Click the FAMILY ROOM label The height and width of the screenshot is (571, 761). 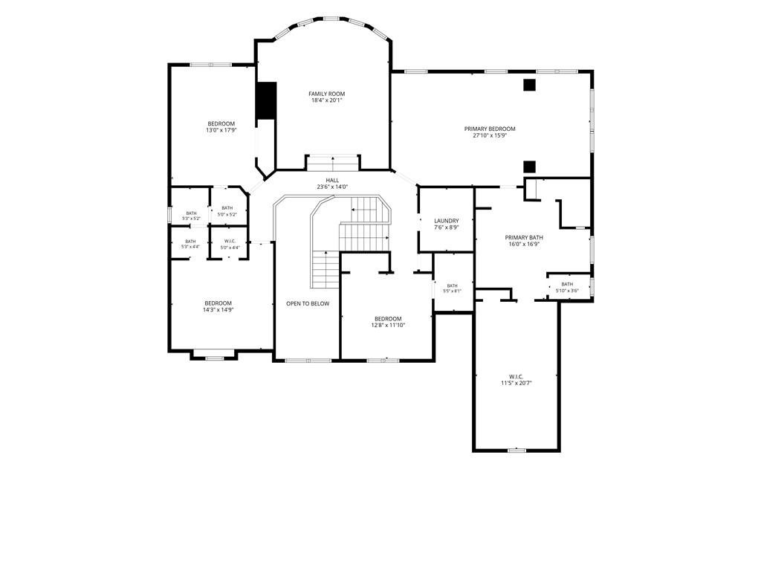point(327,94)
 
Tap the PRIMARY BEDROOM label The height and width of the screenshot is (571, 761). point(490,129)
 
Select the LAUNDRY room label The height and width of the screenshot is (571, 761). point(446,221)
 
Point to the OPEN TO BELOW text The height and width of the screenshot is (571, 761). point(308,303)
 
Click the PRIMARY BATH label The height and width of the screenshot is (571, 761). point(524,237)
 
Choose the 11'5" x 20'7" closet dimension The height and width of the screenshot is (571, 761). point(516,383)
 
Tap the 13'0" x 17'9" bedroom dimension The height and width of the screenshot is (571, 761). point(221,130)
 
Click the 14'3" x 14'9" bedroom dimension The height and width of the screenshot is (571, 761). point(218,310)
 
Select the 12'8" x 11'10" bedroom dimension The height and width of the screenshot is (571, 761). point(388,326)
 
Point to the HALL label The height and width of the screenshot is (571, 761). point(332,180)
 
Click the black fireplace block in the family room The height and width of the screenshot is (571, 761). point(266,100)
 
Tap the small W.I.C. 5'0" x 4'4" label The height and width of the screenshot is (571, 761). point(230,244)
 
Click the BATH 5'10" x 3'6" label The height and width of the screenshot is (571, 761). point(567,288)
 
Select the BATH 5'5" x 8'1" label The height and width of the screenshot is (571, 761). point(452,288)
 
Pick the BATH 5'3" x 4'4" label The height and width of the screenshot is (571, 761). point(190,244)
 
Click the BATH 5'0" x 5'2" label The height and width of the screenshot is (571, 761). point(227,211)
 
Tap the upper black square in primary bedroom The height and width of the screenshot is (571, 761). point(529,85)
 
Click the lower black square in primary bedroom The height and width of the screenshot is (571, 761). point(529,167)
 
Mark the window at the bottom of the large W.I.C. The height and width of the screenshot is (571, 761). point(516,450)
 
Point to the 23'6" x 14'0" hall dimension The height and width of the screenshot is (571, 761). point(332,187)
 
